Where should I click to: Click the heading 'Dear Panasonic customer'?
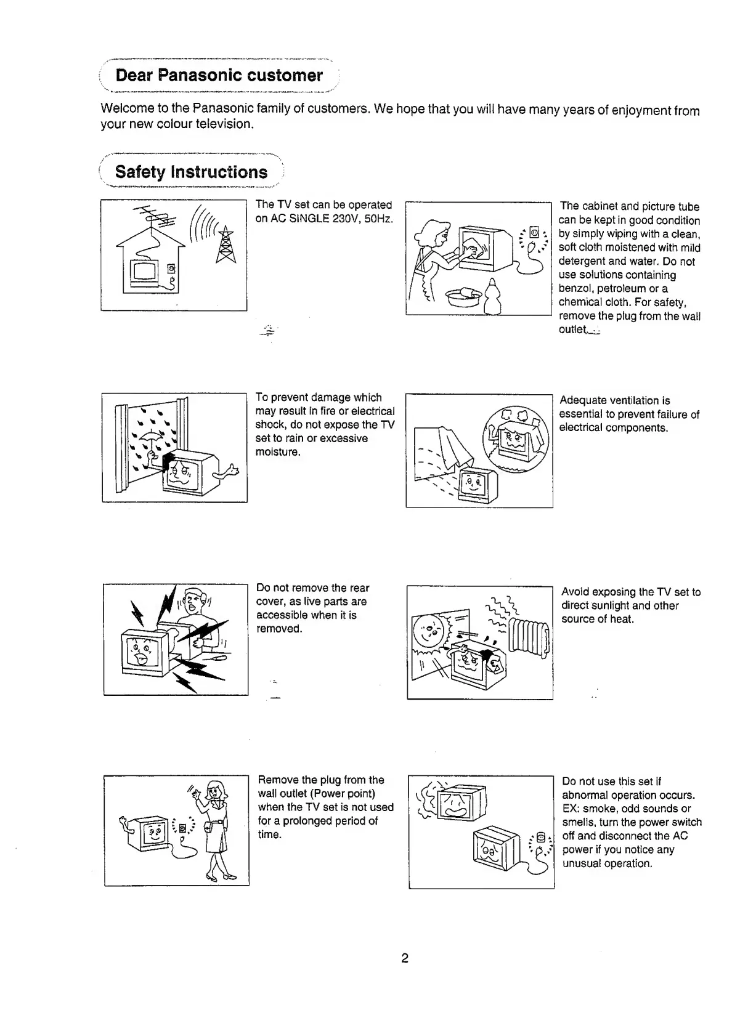(219, 76)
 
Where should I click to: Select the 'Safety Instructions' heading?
(191, 172)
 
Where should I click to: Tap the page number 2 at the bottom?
(405, 958)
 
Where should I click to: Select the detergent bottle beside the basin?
(492, 296)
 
